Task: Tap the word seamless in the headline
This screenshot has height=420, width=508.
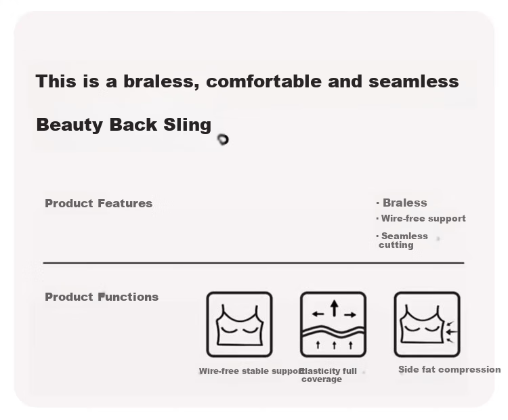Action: (x=414, y=81)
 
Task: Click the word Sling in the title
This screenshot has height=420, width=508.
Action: (x=187, y=125)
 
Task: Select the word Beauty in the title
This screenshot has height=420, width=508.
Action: (x=70, y=125)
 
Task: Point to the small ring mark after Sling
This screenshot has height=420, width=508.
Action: (x=223, y=140)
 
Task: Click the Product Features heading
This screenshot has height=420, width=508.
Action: (x=98, y=203)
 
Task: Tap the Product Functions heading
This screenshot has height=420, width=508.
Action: (x=102, y=297)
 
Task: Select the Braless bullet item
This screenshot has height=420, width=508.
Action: (x=402, y=203)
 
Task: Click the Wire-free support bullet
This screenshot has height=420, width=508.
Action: (x=421, y=219)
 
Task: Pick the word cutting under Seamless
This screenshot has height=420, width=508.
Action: (x=396, y=245)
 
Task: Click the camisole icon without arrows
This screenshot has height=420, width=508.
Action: (x=239, y=324)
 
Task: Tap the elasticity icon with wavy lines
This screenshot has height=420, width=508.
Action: (x=333, y=324)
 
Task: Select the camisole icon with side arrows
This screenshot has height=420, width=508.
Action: (x=427, y=324)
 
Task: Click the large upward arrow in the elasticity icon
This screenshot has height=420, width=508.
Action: (x=335, y=308)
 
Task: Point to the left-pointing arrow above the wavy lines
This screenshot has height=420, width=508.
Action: (x=318, y=314)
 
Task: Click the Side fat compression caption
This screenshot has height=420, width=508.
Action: (x=449, y=370)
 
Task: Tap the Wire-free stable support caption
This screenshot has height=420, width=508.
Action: (x=251, y=371)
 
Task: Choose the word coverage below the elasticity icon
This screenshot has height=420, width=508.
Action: (x=322, y=379)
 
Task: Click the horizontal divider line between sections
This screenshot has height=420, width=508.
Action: (x=254, y=263)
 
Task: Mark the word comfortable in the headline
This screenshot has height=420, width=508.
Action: (x=263, y=81)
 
